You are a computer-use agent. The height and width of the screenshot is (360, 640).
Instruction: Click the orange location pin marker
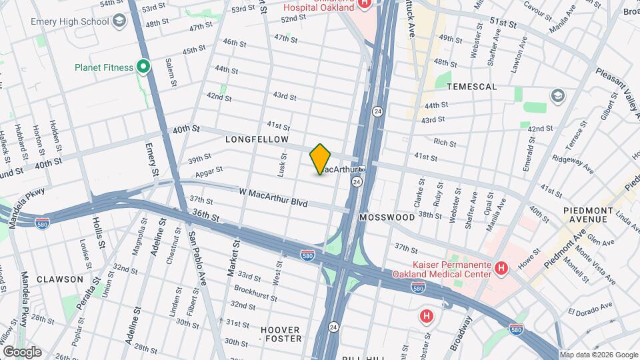321,159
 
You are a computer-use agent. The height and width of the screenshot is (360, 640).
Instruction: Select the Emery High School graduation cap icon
119,21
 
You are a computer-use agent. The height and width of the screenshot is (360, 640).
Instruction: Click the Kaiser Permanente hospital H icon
502,268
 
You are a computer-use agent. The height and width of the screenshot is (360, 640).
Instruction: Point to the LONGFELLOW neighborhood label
257,139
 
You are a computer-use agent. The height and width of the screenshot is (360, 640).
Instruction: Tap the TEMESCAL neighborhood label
472,87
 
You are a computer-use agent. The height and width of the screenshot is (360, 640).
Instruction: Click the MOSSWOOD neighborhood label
387,217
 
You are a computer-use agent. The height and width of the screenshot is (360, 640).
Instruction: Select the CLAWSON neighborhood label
60,279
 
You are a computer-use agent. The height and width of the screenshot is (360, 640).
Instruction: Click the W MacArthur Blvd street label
273,197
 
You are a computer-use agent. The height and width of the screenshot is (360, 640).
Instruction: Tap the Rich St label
445,143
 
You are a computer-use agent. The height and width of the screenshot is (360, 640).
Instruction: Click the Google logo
22,352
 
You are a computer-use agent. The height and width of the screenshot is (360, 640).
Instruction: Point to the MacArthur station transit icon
361,169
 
